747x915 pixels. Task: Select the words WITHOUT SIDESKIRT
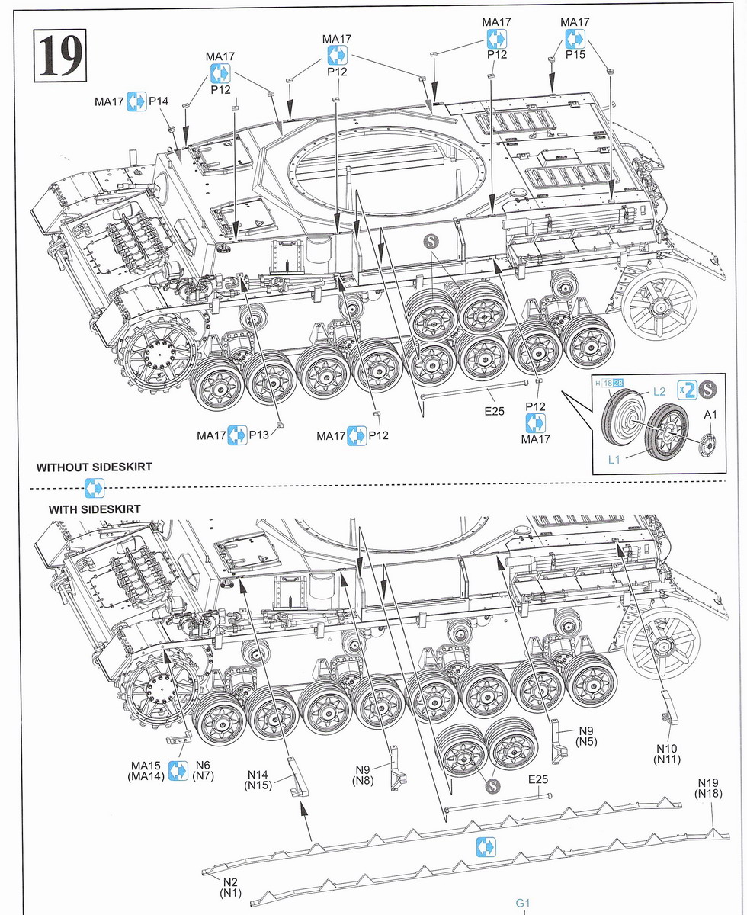[x=94, y=467]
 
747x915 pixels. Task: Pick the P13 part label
[x=259, y=435]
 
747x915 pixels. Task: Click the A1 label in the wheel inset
[x=710, y=415]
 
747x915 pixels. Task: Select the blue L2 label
[x=660, y=391]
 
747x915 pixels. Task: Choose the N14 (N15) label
[x=259, y=779]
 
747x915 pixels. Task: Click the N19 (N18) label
[x=707, y=788]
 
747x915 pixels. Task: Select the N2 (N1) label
[x=230, y=886]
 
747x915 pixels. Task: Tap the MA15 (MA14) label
[x=148, y=770]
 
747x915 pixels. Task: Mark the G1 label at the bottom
[x=522, y=904]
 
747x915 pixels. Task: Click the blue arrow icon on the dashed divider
[x=94, y=487]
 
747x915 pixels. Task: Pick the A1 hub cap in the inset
[x=708, y=443]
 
